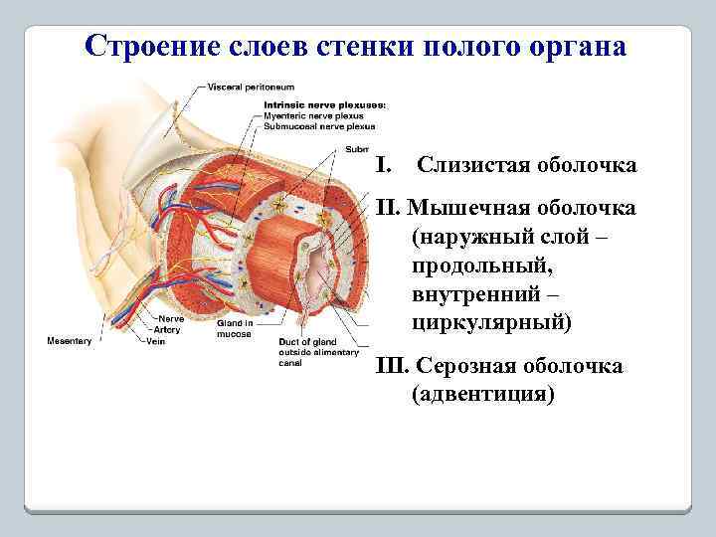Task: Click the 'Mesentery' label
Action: (70, 341)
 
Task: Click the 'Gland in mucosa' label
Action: (235, 328)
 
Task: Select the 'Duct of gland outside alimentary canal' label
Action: (310, 351)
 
